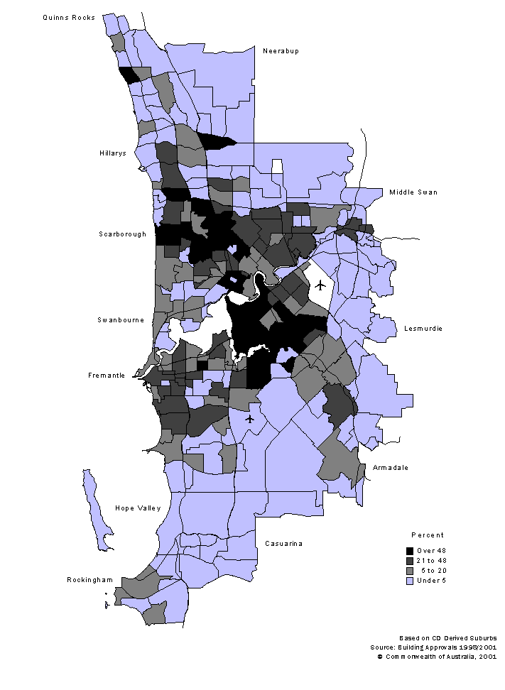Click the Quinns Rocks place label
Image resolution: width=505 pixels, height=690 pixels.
69,17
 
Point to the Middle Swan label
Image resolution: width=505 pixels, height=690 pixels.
413,192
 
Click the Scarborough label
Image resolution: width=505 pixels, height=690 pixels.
122,234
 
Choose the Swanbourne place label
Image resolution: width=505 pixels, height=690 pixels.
121,320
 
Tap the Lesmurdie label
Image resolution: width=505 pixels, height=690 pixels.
423,329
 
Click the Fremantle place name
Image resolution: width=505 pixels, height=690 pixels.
107,376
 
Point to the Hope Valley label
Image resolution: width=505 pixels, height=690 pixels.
138,508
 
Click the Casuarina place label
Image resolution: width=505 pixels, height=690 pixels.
283,544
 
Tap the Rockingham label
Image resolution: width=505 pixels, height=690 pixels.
90,580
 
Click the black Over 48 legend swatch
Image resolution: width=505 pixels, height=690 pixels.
410,551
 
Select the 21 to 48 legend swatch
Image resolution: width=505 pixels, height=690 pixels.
410,561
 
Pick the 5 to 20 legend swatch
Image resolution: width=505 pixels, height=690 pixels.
410,571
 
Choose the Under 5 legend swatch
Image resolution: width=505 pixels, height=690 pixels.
410,581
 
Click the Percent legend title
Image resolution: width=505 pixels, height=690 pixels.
428,535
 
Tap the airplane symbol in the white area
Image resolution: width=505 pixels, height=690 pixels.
320,285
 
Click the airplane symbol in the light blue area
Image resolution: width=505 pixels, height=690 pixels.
250,419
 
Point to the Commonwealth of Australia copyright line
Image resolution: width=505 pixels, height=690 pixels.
436,657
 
